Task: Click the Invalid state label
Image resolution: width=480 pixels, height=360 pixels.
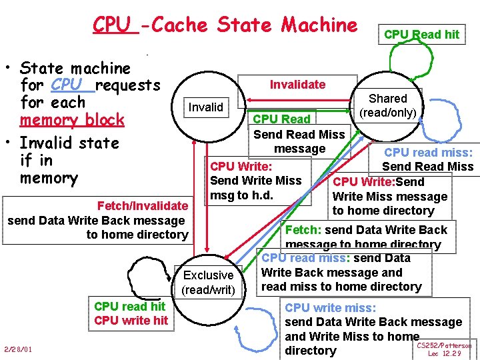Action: [x=206, y=107]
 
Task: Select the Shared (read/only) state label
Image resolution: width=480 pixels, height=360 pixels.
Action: [x=388, y=105]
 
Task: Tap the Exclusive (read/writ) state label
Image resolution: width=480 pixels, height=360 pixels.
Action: [x=208, y=282]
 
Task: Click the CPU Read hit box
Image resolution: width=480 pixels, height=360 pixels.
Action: [x=421, y=35]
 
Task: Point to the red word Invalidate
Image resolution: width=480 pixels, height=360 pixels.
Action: [x=297, y=85]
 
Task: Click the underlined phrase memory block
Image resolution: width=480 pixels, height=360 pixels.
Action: [x=72, y=120]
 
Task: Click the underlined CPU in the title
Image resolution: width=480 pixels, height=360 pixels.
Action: [x=111, y=25]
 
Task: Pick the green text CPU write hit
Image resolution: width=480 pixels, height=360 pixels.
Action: [x=131, y=321]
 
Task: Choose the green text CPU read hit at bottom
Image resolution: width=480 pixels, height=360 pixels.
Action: [x=130, y=307]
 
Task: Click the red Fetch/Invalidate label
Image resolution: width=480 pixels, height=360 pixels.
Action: [x=142, y=206]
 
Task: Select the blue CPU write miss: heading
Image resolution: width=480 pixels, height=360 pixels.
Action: [x=330, y=308]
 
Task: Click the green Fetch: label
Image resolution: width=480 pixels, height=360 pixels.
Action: [x=303, y=230]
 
